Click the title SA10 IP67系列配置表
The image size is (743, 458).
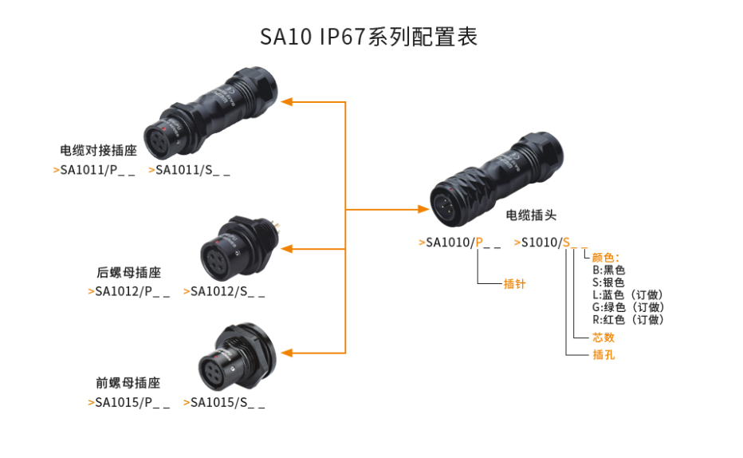point(369,38)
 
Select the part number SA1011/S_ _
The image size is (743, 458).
point(190,170)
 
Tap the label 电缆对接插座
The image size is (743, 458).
point(99,150)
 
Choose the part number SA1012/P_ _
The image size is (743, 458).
point(129,291)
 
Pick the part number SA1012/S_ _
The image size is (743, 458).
point(225,291)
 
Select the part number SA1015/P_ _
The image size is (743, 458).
point(129,402)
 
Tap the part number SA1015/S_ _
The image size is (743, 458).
point(225,402)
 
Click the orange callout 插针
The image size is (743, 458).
point(514,283)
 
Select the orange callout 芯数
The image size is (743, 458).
point(603,338)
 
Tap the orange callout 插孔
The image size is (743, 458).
point(603,355)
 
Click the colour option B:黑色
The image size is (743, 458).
point(608,270)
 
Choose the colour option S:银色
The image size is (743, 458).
point(608,282)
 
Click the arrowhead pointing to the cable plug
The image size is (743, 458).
point(423,209)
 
